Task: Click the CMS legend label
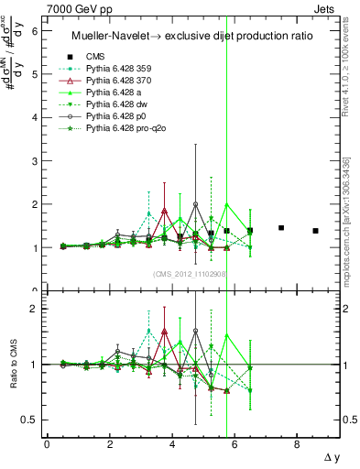[96, 55]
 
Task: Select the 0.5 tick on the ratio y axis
[27, 420]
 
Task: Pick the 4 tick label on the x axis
[171, 444]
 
